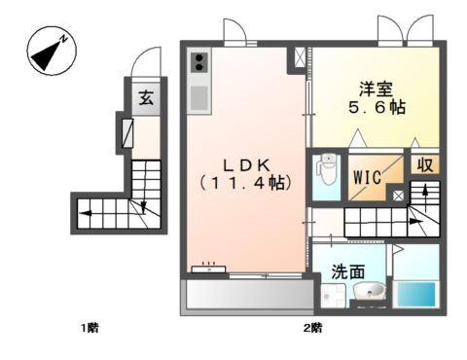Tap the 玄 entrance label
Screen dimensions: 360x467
coord(145,98)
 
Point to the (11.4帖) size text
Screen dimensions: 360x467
coord(245,182)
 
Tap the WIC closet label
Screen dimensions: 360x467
coord(367,177)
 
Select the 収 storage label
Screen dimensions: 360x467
coord(423,165)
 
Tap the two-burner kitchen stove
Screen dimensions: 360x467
coord(198,63)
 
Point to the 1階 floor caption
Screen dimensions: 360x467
coord(89,328)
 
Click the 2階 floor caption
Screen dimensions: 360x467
coord(311,328)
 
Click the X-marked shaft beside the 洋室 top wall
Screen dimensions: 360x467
coord(297,56)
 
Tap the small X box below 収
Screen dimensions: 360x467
coord(399,195)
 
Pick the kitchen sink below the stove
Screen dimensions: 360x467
coord(198,97)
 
